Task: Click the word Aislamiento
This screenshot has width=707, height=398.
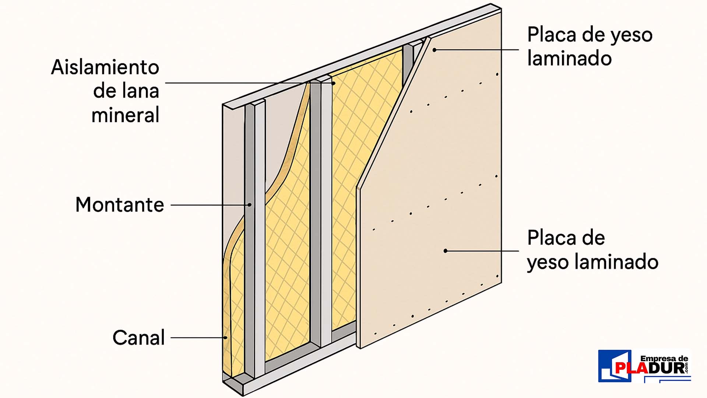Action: click(105, 67)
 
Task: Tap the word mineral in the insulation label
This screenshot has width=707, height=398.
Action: click(125, 115)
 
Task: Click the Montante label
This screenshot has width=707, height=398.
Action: click(120, 205)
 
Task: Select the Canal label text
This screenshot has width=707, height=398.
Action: click(138, 338)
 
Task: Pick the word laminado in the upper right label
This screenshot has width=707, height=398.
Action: click(569, 58)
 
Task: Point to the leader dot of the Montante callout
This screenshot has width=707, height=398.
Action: click(249, 205)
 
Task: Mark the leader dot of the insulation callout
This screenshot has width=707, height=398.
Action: click(333, 83)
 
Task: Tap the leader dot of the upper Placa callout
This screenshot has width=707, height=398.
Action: click(435, 50)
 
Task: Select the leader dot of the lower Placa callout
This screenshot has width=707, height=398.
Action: click(446, 251)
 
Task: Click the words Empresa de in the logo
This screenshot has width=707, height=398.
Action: click(664, 359)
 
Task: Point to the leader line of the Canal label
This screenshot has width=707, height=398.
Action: click(197, 338)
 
